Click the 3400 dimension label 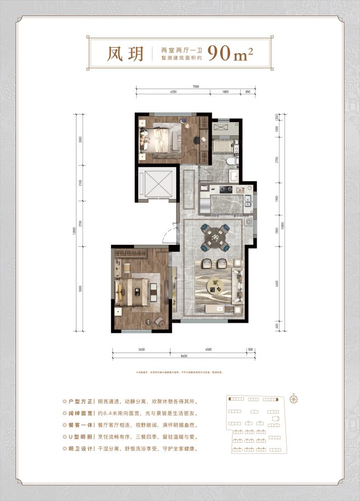(x=141, y=349)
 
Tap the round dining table (x=215, y=236)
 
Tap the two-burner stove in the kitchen (x=224, y=190)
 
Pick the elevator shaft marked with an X (x=155, y=182)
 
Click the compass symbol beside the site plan (x=294, y=398)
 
